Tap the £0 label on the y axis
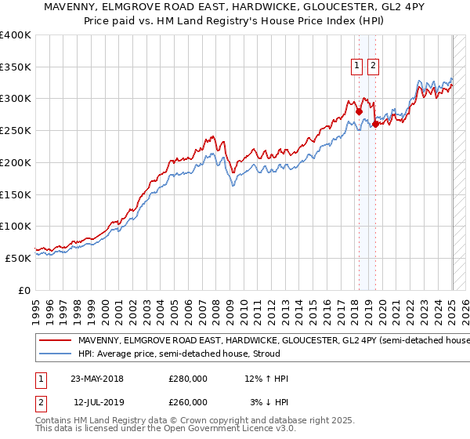pos(25,290)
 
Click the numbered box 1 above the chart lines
pos(357,67)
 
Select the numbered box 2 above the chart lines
pos(372,67)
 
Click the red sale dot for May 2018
pos(359,111)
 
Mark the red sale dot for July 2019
pos(375,124)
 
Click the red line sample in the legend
pos(56,341)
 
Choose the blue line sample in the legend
pos(56,354)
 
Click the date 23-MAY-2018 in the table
pos(97,379)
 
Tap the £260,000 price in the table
pos(188,402)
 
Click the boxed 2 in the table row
pos(41,402)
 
